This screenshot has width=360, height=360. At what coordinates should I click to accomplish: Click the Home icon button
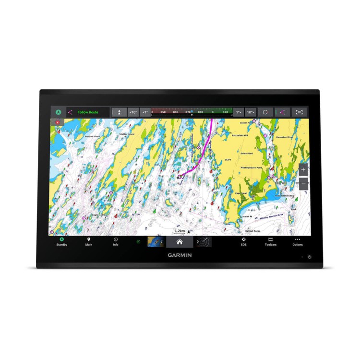pyautogui.click(x=180, y=241)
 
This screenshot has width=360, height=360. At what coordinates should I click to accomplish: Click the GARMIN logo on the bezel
pyautogui.click(x=180, y=255)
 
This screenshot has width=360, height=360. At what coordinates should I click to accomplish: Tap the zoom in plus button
pyautogui.click(x=303, y=170)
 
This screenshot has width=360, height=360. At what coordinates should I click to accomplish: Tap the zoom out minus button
pyautogui.click(x=303, y=183)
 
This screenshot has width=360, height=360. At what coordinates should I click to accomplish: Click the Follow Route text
pyautogui.click(x=88, y=112)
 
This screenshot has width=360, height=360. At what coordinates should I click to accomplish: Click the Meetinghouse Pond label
pyautogui.click(x=252, y=168)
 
